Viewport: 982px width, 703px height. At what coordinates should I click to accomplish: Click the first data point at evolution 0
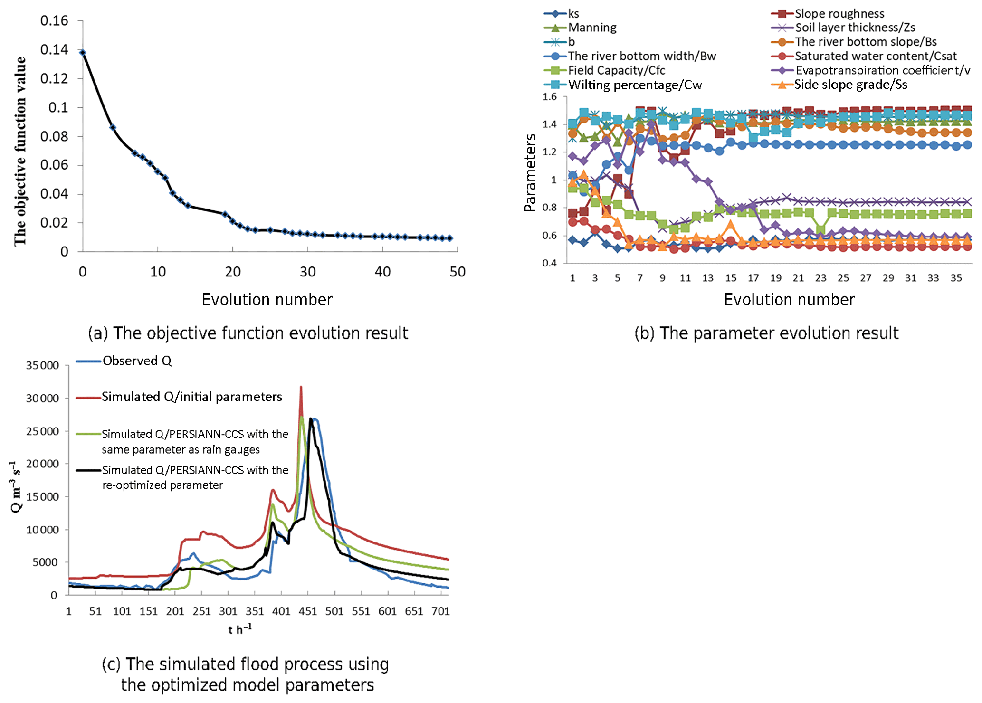click(83, 53)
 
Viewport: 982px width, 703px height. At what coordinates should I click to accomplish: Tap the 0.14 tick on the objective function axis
click(54, 49)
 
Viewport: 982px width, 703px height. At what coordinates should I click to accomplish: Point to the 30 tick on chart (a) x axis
click(307, 272)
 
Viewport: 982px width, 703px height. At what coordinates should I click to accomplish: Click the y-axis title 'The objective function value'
click(20, 151)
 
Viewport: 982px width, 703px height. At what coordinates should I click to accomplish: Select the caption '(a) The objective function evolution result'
click(248, 333)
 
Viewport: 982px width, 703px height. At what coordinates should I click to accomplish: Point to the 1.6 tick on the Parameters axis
click(549, 97)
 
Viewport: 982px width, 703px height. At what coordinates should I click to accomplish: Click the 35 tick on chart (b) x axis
click(956, 278)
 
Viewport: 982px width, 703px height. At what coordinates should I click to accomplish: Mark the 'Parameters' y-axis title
click(530, 173)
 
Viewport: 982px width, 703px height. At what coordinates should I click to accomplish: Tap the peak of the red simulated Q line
click(301, 387)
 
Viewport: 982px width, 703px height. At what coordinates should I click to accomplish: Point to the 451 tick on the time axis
click(307, 611)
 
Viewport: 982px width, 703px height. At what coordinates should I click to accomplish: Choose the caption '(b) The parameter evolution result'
click(766, 333)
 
